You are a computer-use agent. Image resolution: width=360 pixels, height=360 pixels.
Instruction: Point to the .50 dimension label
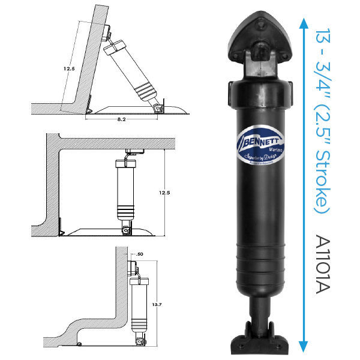tap(140, 254)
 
